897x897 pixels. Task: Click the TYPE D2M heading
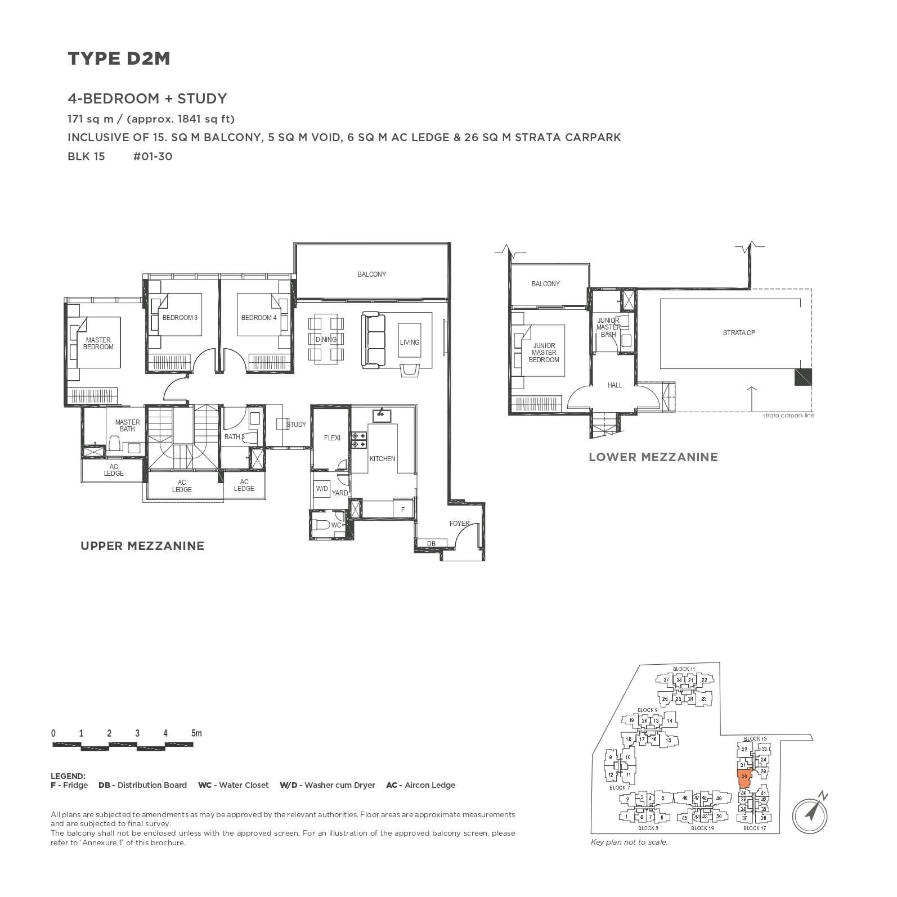tap(119, 58)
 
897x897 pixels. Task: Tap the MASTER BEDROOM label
tap(98, 344)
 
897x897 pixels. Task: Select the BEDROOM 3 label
tap(180, 318)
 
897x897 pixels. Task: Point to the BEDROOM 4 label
tap(259, 318)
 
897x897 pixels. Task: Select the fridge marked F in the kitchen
tap(403, 510)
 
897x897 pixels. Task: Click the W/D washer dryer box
tap(322, 489)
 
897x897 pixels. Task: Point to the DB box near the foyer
tap(431, 543)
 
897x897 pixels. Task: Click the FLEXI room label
tap(332, 438)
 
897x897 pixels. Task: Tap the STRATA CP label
tap(739, 333)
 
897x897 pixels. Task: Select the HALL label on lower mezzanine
tap(615, 385)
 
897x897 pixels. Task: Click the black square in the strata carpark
tap(803, 377)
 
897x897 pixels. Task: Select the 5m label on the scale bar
tap(196, 733)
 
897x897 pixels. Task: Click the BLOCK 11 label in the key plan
tap(684, 669)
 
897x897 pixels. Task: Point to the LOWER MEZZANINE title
tap(653, 457)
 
